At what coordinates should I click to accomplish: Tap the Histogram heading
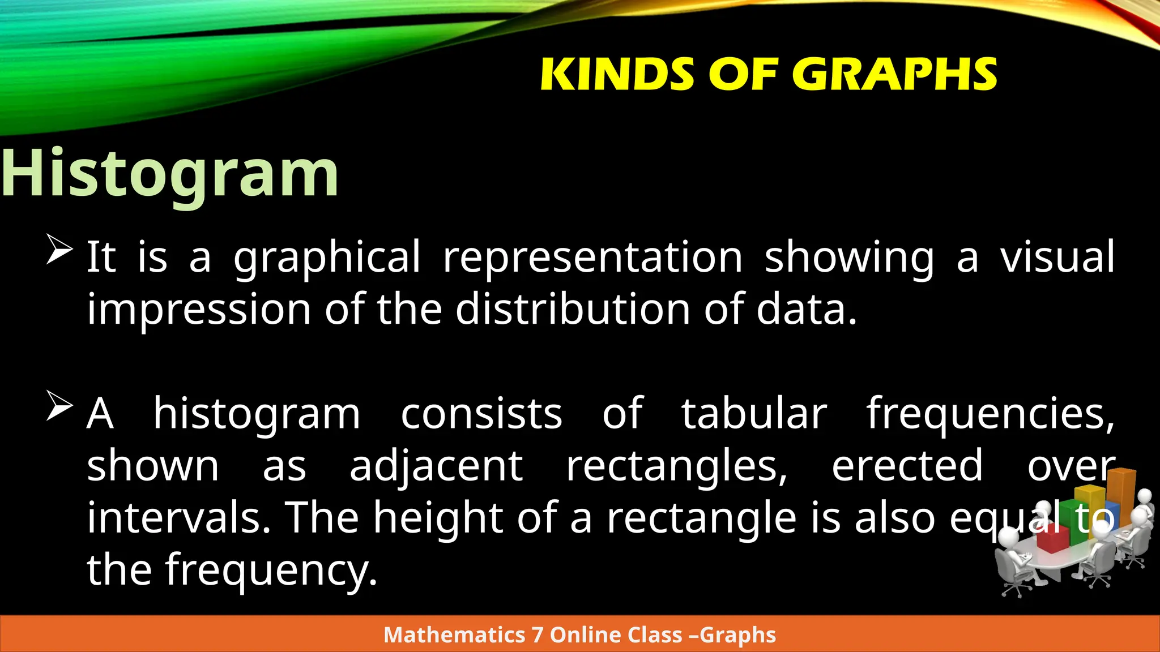click(x=170, y=173)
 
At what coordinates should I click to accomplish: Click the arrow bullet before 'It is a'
click(x=59, y=250)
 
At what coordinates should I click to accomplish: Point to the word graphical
click(x=327, y=258)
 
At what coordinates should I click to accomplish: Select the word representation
click(x=592, y=258)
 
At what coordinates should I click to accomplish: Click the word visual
click(x=1057, y=258)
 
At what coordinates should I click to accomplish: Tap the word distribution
click(x=572, y=310)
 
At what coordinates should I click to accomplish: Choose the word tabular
click(x=753, y=414)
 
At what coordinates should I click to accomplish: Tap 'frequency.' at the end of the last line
click(x=271, y=570)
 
